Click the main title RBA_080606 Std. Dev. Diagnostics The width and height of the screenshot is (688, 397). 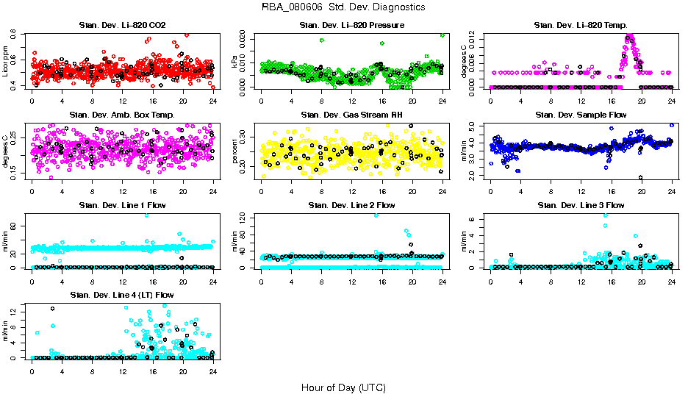pyautogui.click(x=343, y=7)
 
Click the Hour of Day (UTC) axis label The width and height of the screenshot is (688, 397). pyautogui.click(x=343, y=387)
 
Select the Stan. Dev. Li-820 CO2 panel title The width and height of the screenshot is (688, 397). pyautogui.click(x=123, y=26)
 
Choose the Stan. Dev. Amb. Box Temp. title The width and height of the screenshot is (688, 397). pyautogui.click(x=123, y=115)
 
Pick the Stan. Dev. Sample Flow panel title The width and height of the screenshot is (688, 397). pyautogui.click(x=581, y=115)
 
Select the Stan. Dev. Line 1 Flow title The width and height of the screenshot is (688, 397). pyautogui.click(x=123, y=205)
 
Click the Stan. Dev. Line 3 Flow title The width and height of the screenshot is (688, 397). pyautogui.click(x=581, y=205)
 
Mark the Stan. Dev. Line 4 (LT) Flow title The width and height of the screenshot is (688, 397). pyautogui.click(x=123, y=295)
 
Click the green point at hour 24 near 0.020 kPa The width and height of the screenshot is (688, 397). pyautogui.click(x=442, y=35)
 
